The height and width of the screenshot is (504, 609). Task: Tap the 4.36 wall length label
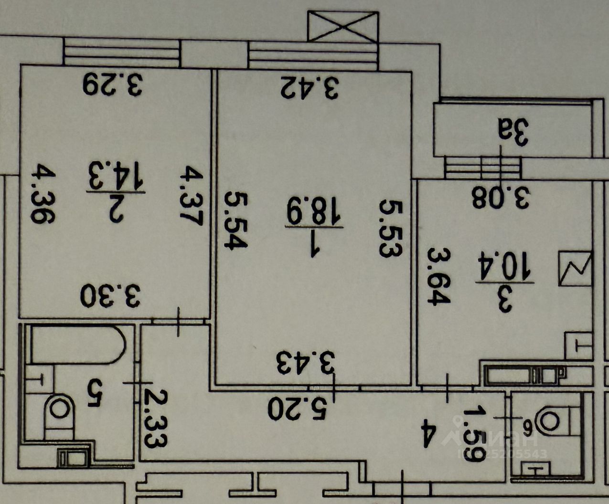(x=43, y=194)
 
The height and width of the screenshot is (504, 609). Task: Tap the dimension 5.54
(x=236, y=220)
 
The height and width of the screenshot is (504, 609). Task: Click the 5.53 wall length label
(x=391, y=229)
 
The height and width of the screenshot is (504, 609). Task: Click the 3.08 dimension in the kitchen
(x=501, y=198)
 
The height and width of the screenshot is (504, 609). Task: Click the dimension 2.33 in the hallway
(x=156, y=418)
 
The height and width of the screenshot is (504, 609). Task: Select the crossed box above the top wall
(x=343, y=27)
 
